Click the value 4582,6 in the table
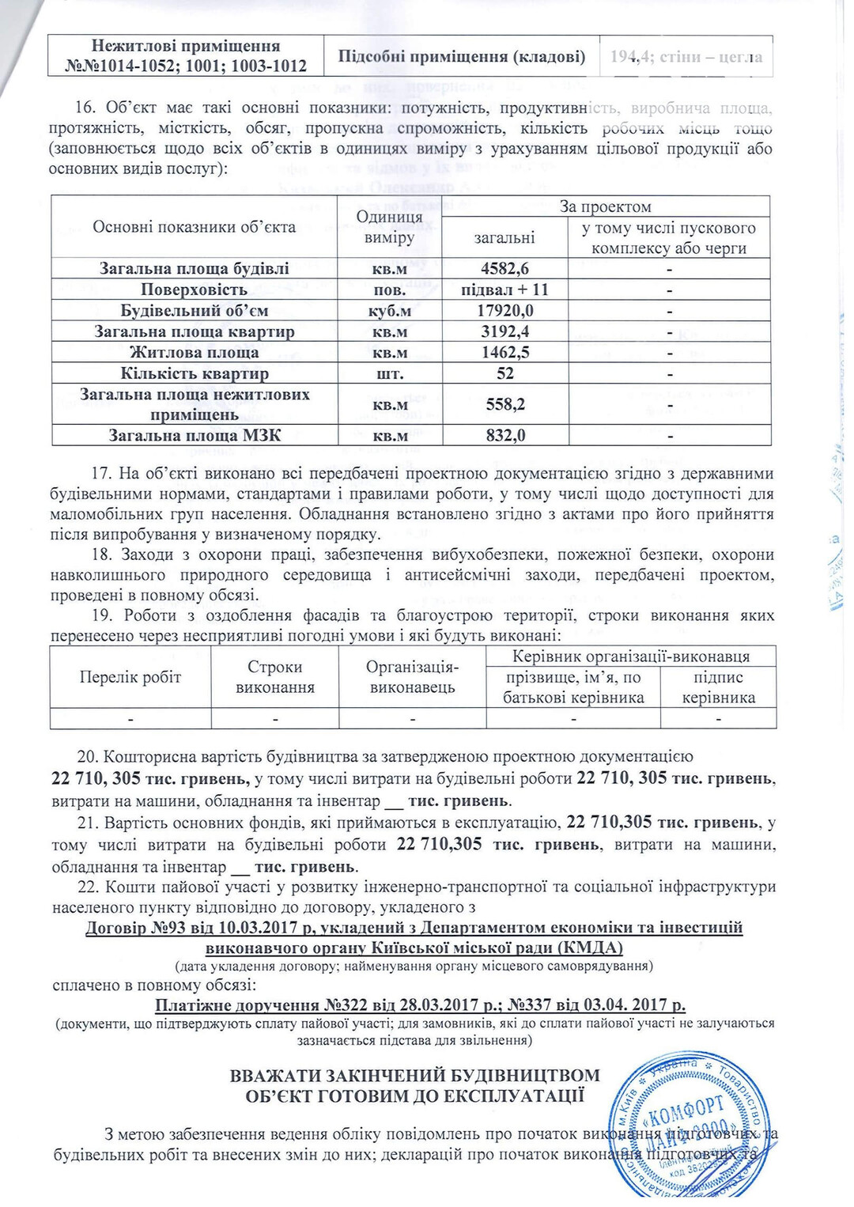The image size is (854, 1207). point(504,268)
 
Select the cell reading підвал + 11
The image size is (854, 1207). point(504,289)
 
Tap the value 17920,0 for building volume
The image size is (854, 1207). point(504,311)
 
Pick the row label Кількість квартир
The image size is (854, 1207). point(195,373)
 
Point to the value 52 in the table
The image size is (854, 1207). point(504,373)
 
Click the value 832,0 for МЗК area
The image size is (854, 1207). point(504,435)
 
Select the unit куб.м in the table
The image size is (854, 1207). point(389,311)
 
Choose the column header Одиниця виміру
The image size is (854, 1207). point(389,227)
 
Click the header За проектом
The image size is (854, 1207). point(605,206)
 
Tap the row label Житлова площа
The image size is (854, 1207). point(195,353)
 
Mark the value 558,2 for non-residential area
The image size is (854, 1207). point(504,404)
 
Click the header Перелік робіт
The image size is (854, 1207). point(130,677)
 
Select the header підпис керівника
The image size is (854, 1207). point(718,687)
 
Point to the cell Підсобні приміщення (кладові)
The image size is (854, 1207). point(462,56)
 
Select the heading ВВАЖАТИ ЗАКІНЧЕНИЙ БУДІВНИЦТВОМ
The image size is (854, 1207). point(414,1076)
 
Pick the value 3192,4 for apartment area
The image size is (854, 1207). point(504,331)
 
